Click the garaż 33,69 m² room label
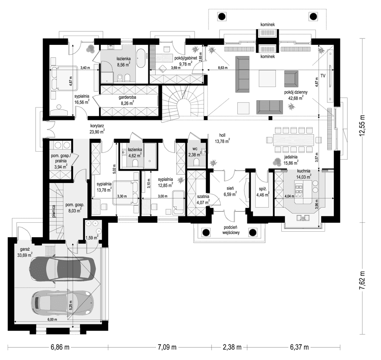click(x=24, y=252)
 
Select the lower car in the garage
click(x=62, y=302)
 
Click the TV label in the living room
click(x=323, y=76)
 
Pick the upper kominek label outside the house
click(x=268, y=25)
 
